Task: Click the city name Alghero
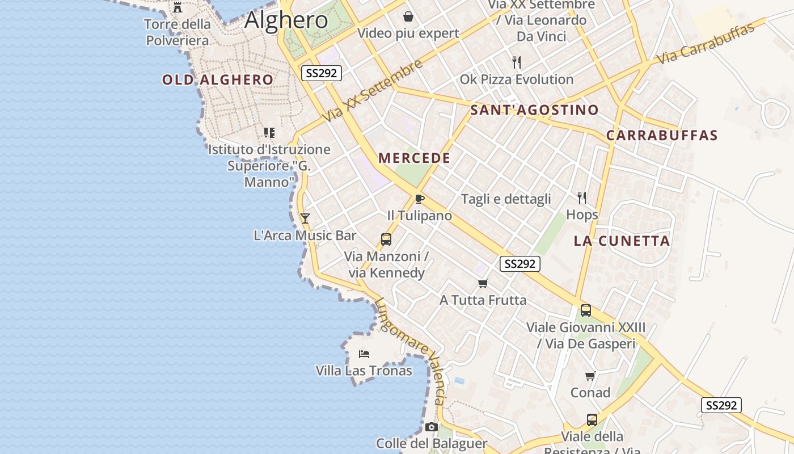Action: pos(286,20)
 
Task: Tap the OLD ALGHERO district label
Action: pos(218,80)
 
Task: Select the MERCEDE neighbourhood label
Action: pos(414,158)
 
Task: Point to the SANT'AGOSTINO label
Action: pos(534,110)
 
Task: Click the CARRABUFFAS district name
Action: pos(662,136)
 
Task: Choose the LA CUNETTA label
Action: pos(622,241)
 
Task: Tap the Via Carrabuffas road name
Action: pos(706,43)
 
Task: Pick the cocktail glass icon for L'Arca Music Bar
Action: pos(305,218)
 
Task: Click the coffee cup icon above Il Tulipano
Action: pos(419,199)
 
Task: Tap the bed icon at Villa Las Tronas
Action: pos(364,354)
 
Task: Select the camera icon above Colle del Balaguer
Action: pos(432,427)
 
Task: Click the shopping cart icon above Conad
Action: pos(590,376)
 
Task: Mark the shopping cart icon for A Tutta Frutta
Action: pos(483,283)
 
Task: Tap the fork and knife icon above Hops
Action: pos(582,197)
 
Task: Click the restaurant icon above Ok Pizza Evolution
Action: pos(516,62)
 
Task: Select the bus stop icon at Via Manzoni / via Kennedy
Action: pos(386,239)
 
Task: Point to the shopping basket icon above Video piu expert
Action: pos(408,16)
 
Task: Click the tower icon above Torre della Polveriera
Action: pos(178,7)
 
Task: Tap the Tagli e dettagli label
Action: pos(506,199)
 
